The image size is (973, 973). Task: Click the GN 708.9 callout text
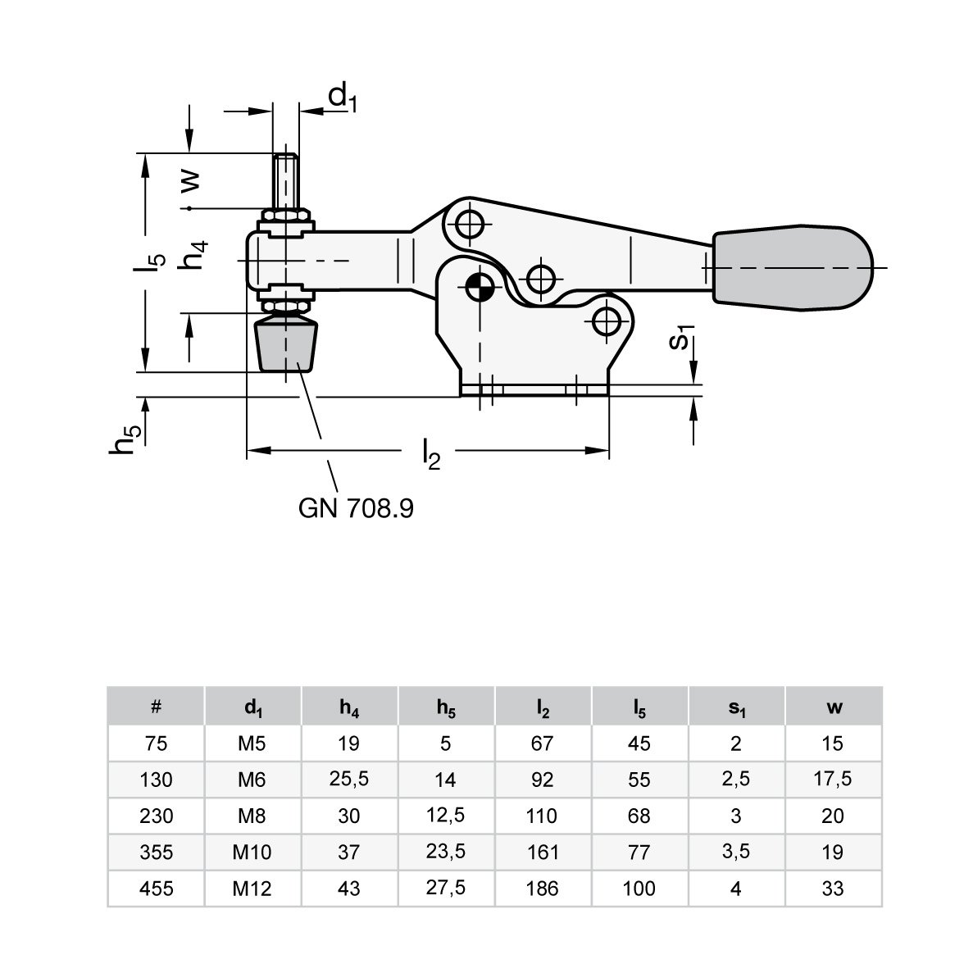coord(356,508)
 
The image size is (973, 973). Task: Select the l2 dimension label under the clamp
coord(430,453)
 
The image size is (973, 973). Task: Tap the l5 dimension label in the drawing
coord(149,261)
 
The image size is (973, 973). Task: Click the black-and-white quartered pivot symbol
coord(480,287)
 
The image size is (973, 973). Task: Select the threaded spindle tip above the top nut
coord(285,182)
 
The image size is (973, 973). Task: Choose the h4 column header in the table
coord(349,707)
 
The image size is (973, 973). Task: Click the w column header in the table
coord(834,707)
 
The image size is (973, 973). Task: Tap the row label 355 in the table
coord(156,852)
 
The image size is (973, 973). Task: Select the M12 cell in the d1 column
coord(252,889)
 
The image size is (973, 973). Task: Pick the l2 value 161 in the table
coord(543,852)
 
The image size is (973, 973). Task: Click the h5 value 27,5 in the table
coord(446,888)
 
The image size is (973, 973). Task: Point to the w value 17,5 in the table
coord(833,779)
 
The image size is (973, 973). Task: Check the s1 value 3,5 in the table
coord(736,852)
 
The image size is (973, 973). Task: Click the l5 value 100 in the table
coord(639,889)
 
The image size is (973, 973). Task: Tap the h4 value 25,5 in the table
coord(348,779)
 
